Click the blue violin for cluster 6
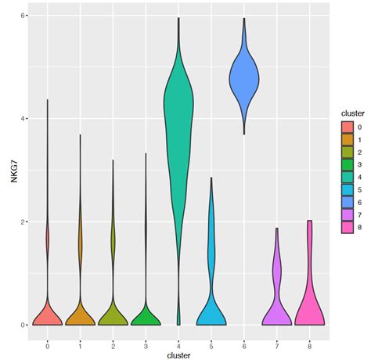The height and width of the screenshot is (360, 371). (x=244, y=78)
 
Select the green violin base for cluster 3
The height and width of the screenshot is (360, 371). (x=146, y=318)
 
